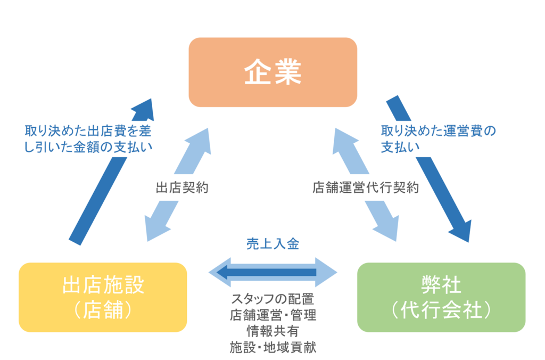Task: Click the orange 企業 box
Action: [272, 72]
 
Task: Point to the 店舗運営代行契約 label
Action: [366, 187]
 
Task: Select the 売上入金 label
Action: [272, 244]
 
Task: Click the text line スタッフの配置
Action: [272, 299]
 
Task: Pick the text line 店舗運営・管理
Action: [272, 315]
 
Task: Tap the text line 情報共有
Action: [272, 331]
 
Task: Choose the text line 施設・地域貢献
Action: [272, 347]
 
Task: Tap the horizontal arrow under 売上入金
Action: [272, 273]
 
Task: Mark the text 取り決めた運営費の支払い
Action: [438, 138]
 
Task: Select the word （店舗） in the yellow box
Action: [103, 310]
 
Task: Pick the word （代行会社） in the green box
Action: [441, 310]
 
